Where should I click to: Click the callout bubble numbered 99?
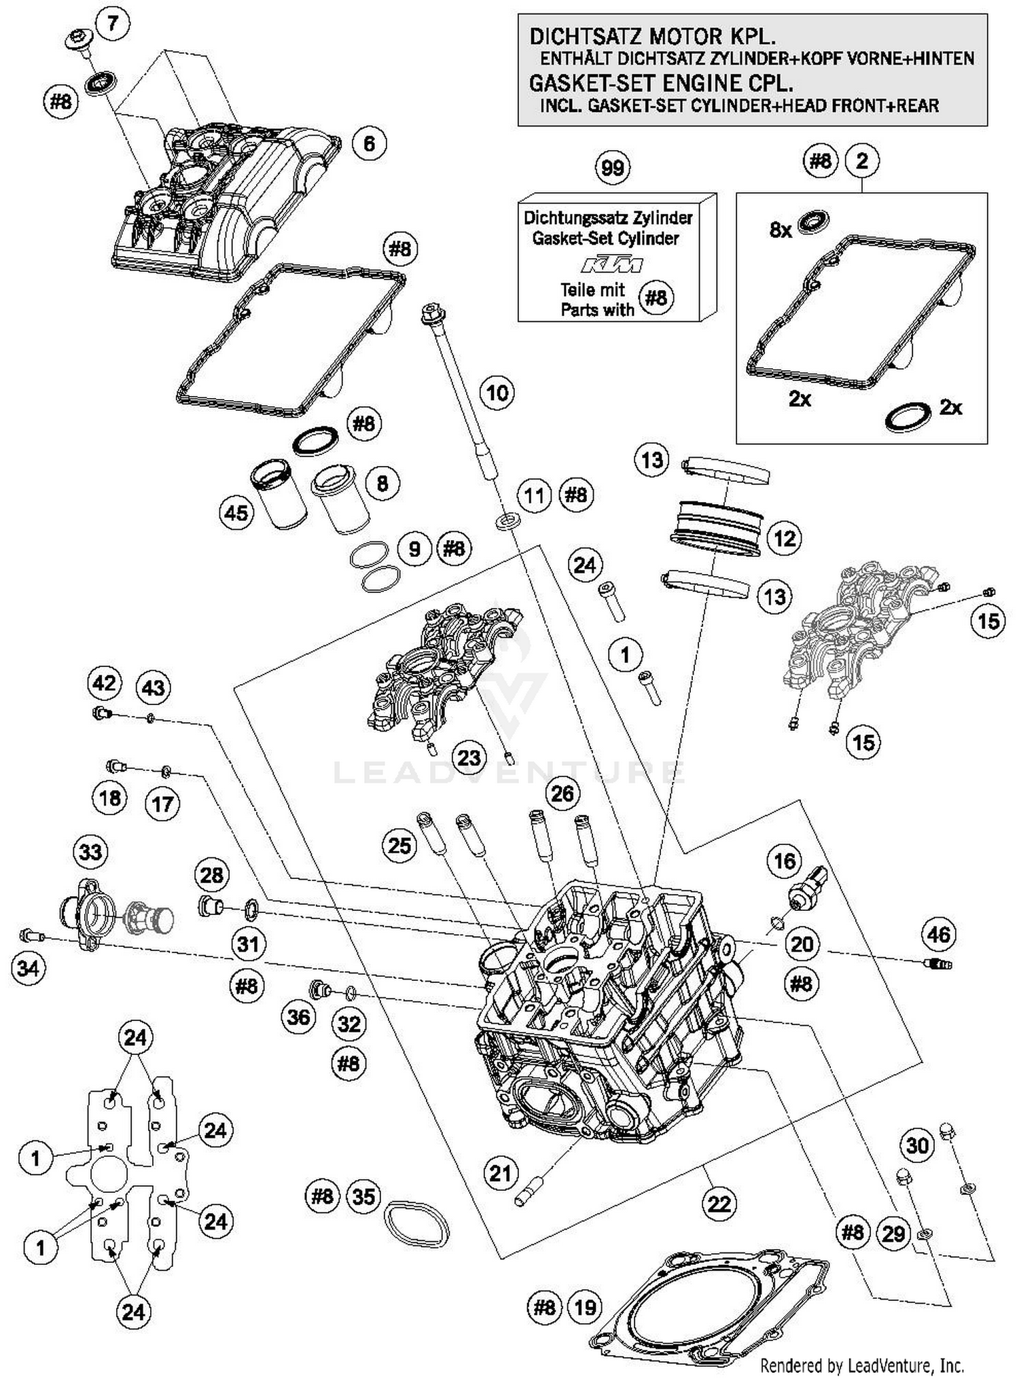[x=612, y=167]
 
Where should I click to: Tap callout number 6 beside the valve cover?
[x=369, y=143]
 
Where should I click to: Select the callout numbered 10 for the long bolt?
[x=497, y=393]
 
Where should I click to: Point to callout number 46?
[x=939, y=934]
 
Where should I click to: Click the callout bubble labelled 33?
[x=90, y=852]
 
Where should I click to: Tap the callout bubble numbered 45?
[x=236, y=512]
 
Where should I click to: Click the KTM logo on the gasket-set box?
[x=612, y=264]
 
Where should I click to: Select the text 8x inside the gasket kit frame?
[x=781, y=230]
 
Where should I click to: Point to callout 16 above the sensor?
[x=784, y=861]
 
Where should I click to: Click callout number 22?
[x=719, y=1204]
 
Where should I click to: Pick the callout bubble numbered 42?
[x=104, y=682]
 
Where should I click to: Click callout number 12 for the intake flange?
[x=784, y=539]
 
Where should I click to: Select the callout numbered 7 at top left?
[x=113, y=23]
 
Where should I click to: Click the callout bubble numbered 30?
[x=917, y=1145]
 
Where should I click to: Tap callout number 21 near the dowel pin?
[x=501, y=1173]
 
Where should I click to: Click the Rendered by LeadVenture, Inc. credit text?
[x=861, y=1364]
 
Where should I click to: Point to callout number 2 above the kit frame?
[x=862, y=161]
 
